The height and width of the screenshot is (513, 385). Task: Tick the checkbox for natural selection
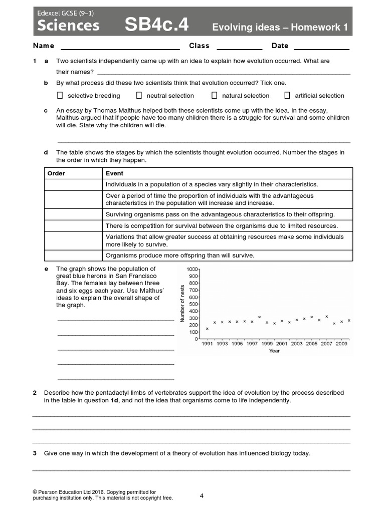pos(214,95)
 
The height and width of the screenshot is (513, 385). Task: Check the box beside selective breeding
pos(60,95)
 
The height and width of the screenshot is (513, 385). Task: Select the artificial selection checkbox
pos(287,95)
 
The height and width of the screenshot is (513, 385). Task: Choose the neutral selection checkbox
pos(139,95)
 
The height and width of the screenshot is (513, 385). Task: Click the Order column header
pos(56,173)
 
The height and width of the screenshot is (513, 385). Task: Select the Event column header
pos(114,173)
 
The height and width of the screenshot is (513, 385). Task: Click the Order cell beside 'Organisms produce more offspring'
pos(73,255)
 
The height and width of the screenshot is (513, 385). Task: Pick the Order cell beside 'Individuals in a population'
pos(73,184)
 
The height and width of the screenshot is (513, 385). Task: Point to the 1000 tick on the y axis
pos(192,270)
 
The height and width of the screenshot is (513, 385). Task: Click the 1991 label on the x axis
pos(207,344)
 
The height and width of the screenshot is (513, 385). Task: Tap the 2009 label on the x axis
pos(341,344)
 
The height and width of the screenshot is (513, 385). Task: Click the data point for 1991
pos(207,329)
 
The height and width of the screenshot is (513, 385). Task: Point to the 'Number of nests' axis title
pos(183,303)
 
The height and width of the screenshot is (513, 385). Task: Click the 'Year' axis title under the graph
pos(274,351)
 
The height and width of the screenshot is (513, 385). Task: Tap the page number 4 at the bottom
pos(202,496)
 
